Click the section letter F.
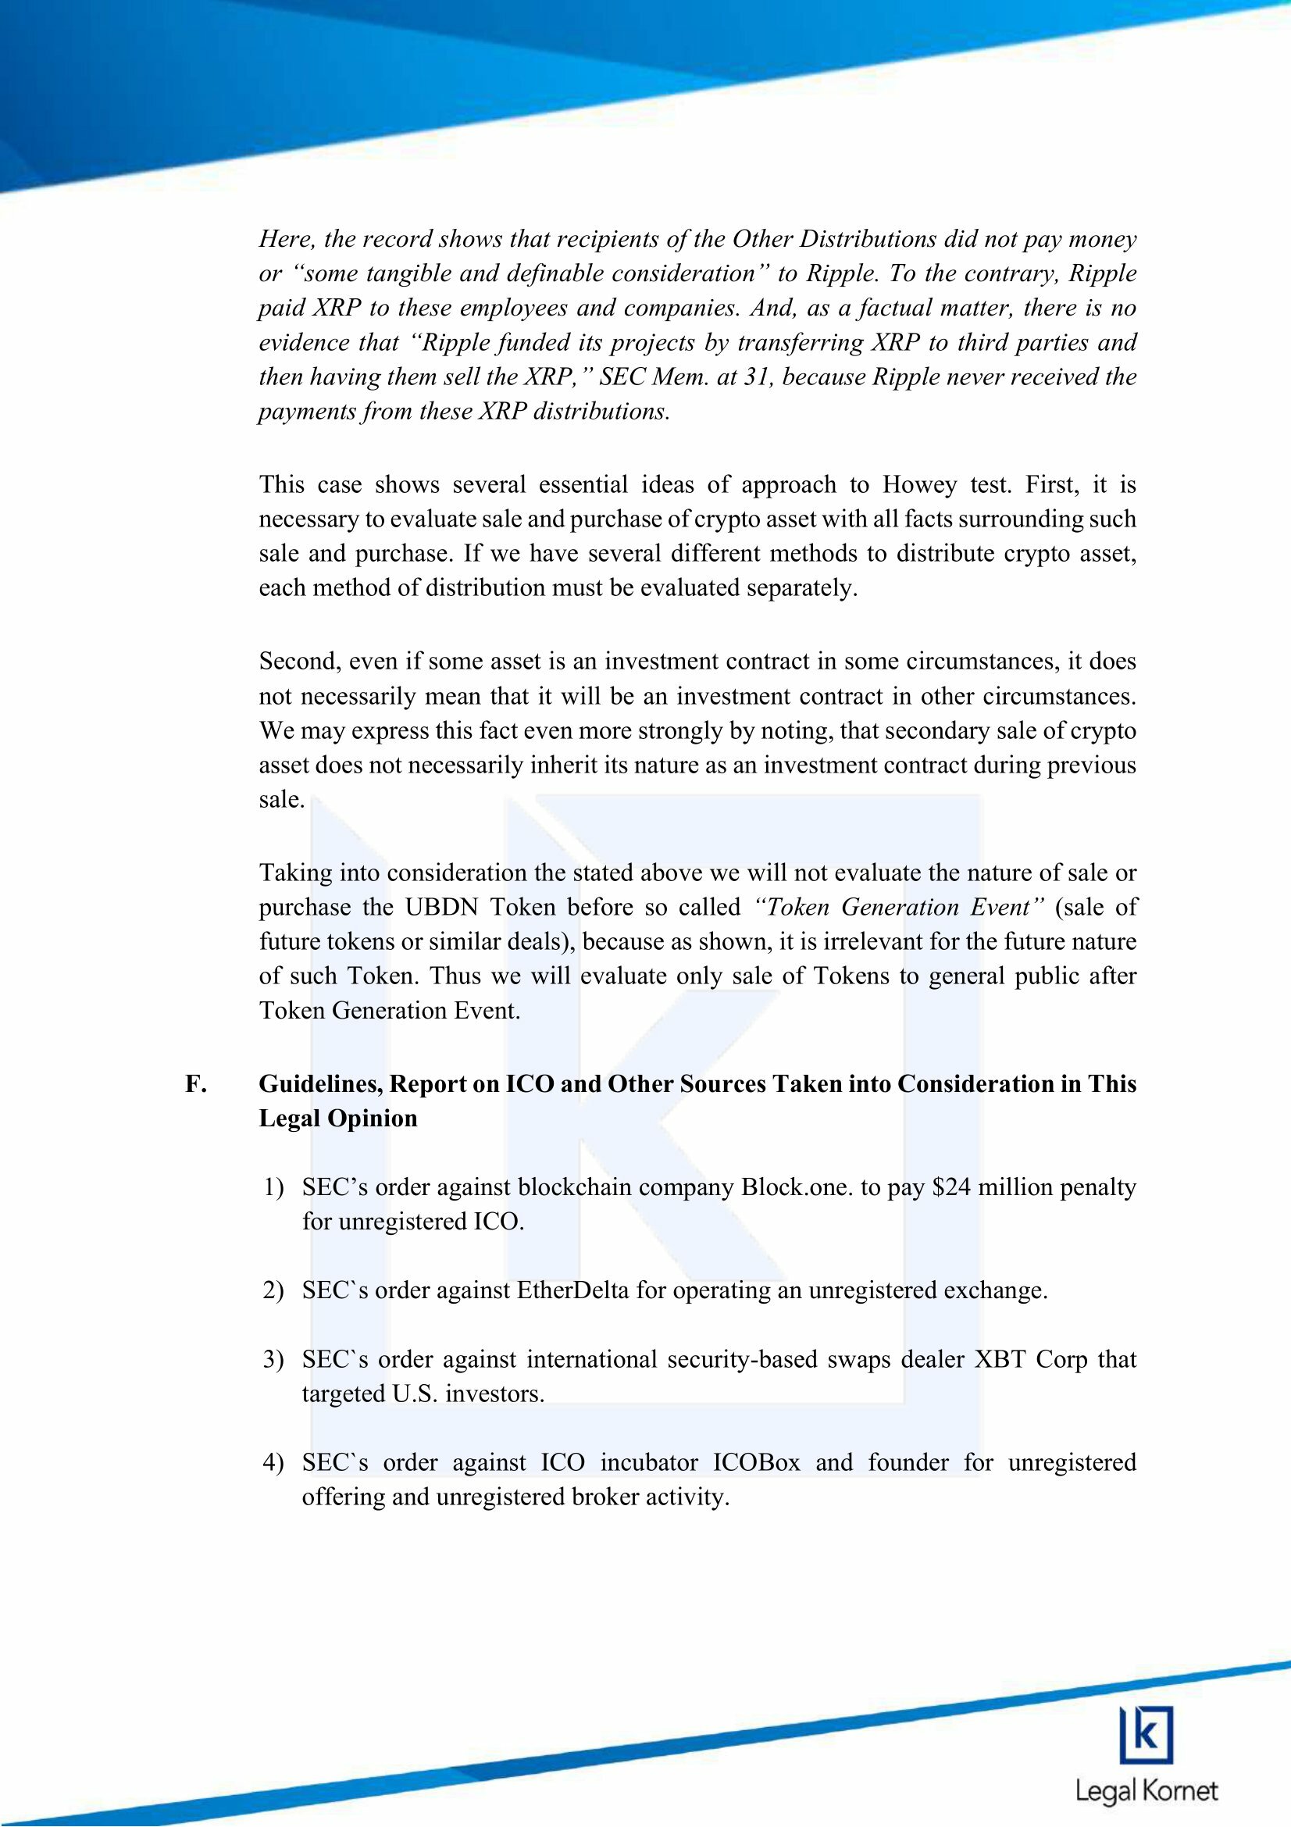[192, 1085]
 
